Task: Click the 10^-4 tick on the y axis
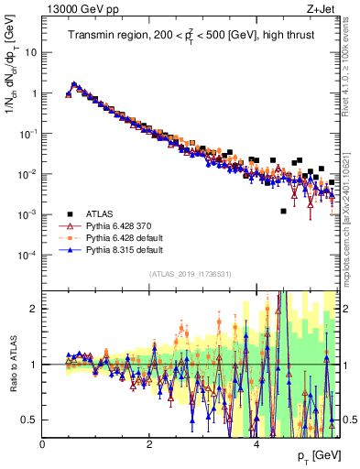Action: coord(29,255)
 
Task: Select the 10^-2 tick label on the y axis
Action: coord(29,174)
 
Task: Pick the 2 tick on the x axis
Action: coord(149,444)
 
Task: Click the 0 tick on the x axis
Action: coord(42,444)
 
